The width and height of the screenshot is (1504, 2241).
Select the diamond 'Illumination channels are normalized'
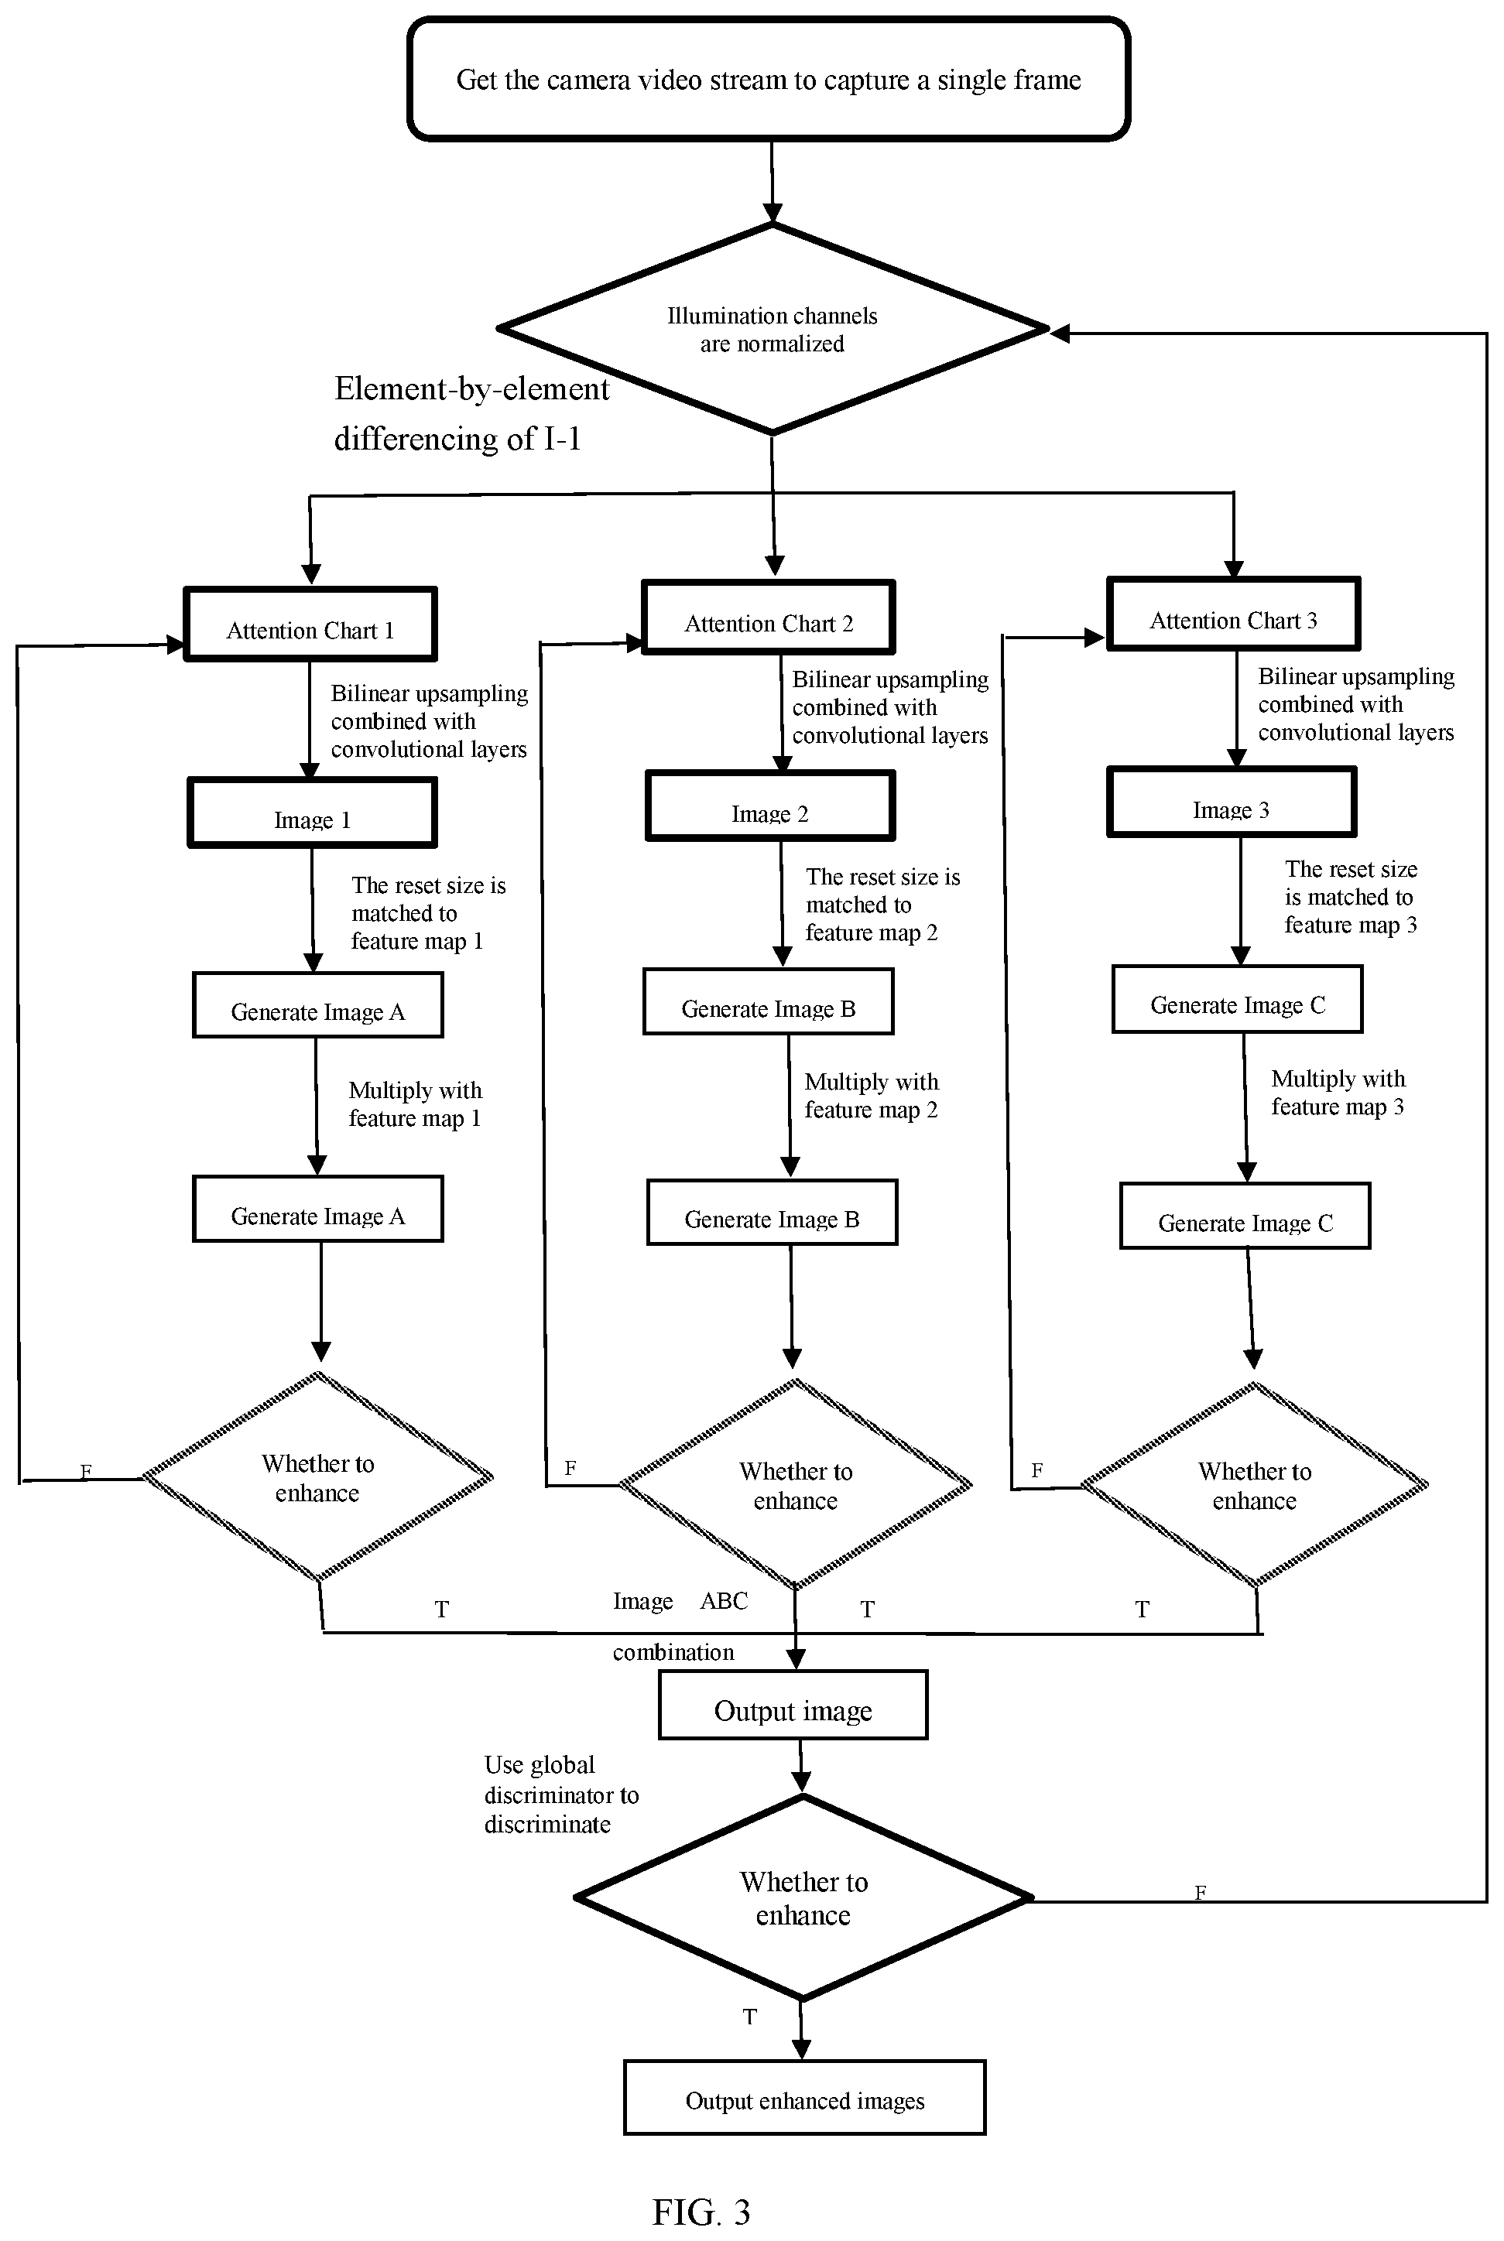click(x=773, y=329)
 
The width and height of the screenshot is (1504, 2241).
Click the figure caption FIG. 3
click(x=701, y=2205)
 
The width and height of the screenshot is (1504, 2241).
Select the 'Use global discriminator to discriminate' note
click(x=561, y=1795)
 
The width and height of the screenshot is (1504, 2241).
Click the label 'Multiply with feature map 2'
click(x=871, y=1096)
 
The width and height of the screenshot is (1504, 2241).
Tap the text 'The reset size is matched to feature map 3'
click(x=1351, y=897)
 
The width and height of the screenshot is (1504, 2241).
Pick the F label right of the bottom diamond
click(x=1200, y=1892)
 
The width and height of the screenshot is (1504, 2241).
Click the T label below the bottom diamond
click(x=750, y=2017)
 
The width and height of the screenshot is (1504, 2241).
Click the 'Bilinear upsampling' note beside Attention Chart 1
click(x=429, y=721)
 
